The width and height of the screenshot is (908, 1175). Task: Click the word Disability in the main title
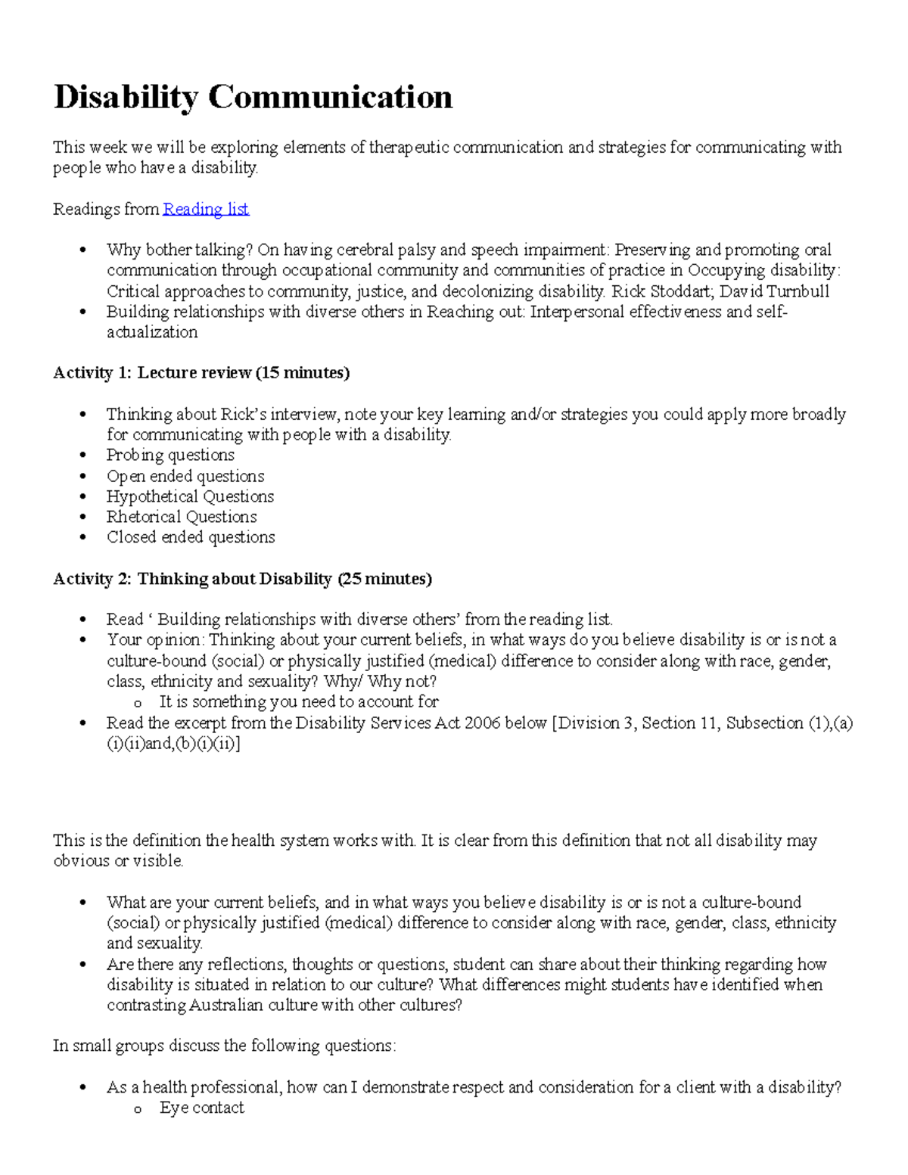click(x=126, y=97)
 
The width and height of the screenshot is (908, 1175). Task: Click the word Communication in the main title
click(x=330, y=97)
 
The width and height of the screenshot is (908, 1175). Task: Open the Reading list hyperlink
click(x=206, y=209)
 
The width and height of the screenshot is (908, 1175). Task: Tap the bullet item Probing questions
click(x=170, y=455)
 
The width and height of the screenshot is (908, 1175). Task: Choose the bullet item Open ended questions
click(x=185, y=476)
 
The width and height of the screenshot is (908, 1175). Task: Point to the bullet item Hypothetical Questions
click(x=190, y=496)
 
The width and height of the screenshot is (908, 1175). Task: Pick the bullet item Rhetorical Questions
click(x=182, y=517)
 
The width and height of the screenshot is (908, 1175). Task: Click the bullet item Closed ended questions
click(x=191, y=537)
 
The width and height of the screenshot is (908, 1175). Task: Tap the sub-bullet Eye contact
click(x=201, y=1108)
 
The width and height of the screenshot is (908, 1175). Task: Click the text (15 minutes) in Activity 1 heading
click(x=303, y=372)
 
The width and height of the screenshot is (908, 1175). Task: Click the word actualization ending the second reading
click(x=152, y=332)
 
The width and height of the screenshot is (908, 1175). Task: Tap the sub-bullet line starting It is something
click(x=299, y=701)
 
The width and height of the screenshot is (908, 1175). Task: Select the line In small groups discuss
click(x=224, y=1046)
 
